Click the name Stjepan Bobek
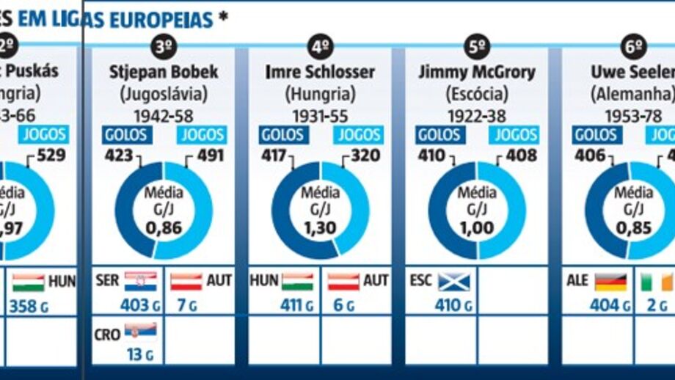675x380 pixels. click(163, 72)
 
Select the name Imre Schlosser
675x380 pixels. click(320, 72)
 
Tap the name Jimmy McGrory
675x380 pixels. click(477, 72)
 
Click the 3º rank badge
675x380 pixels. click(163, 48)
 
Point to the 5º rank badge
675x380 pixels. click(477, 48)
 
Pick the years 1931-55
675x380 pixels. click(320, 115)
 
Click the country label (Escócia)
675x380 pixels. click(477, 94)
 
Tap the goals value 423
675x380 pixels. click(119, 156)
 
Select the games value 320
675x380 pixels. click(365, 156)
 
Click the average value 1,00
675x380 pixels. click(476, 228)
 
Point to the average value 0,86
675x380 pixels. click(163, 228)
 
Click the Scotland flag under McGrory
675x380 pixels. click(453, 282)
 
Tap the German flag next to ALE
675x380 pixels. click(610, 282)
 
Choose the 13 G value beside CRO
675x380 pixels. click(134, 354)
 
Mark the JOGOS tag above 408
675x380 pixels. click(515, 135)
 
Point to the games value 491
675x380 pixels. click(208, 156)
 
